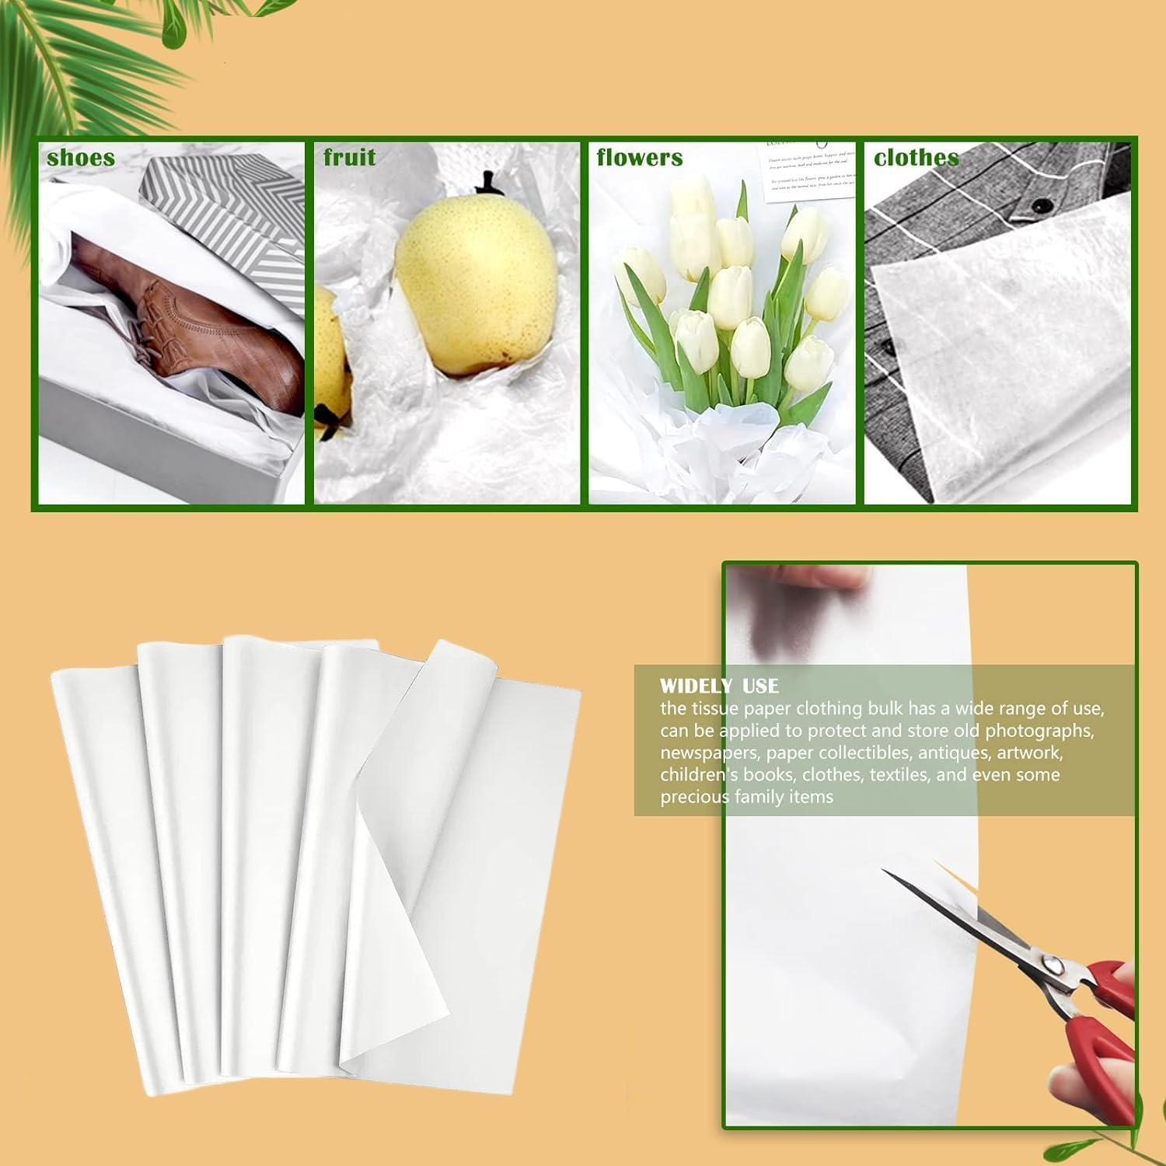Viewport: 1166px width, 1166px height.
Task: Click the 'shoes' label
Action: coord(81,158)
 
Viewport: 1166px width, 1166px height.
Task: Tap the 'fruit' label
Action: coord(350,158)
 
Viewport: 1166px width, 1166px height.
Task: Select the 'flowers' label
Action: coord(640,158)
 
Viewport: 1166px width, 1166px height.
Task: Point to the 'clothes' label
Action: coord(916,158)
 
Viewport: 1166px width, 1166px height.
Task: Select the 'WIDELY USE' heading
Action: coord(719,686)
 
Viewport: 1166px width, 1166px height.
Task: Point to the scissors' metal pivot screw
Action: coord(1051,965)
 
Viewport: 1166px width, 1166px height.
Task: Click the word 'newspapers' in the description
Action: coord(707,752)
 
